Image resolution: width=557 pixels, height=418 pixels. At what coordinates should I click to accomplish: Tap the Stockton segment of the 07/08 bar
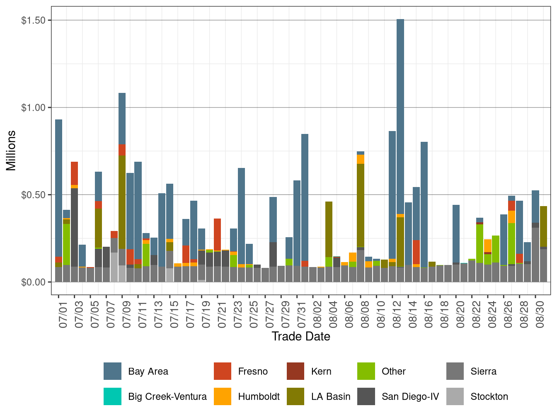[114, 267]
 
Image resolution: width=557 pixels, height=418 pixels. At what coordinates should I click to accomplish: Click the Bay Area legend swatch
[112, 371]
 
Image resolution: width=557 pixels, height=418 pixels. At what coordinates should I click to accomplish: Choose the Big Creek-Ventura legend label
[167, 397]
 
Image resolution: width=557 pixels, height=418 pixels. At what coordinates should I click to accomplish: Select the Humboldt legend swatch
[223, 397]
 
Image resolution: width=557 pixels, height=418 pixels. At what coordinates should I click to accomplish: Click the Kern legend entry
[321, 371]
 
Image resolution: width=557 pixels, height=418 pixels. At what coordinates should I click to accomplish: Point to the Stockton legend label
[489, 397]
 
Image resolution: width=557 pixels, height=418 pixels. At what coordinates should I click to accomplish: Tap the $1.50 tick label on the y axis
[33, 20]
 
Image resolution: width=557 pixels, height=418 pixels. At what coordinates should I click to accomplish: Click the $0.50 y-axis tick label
[33, 195]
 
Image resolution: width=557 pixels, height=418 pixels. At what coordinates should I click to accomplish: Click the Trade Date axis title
[301, 336]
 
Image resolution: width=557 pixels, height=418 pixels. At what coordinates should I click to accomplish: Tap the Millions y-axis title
[11, 151]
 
